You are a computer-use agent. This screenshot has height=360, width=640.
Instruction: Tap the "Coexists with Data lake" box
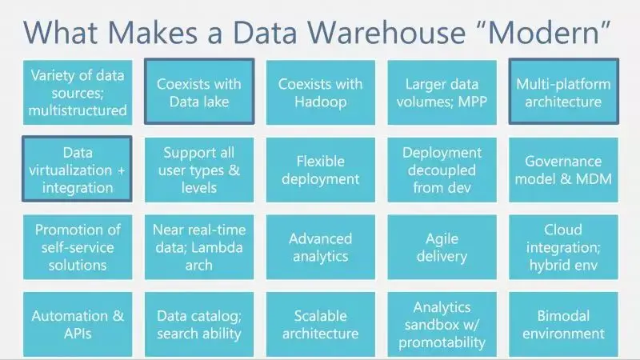[199, 92]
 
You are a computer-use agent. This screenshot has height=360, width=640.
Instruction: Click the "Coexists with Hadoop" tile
[320, 92]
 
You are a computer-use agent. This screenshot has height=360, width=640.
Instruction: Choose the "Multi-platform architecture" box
[563, 92]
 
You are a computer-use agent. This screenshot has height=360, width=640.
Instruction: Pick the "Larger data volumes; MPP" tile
[442, 92]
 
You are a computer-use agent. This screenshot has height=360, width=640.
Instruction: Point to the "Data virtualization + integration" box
[77, 170]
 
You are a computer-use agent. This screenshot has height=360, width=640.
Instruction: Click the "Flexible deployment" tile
[320, 170]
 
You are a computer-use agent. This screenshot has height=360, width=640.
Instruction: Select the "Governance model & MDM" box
[563, 170]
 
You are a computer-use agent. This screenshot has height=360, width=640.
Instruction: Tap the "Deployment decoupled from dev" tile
[442, 170]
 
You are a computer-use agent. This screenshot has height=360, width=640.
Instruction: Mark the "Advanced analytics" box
[320, 247]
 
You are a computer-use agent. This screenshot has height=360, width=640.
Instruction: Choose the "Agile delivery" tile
[442, 247]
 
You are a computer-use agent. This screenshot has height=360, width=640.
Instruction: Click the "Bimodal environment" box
[563, 324]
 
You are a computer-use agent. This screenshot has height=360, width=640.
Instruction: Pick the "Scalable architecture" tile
[320, 324]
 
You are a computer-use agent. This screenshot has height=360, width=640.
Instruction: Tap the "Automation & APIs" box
[77, 324]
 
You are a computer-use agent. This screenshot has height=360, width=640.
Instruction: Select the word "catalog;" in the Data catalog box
[215, 316]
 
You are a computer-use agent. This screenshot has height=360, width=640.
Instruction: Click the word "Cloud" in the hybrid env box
[563, 230]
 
